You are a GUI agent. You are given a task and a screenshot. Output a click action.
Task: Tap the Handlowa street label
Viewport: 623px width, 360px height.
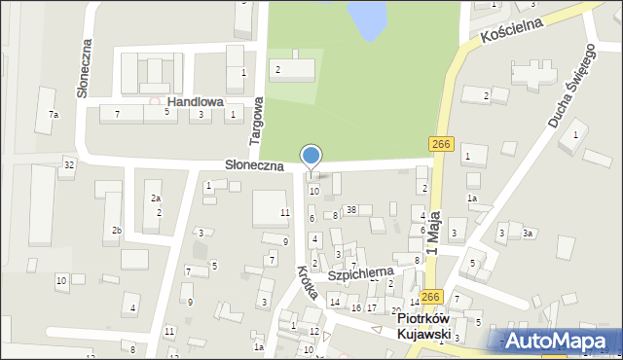(195, 101)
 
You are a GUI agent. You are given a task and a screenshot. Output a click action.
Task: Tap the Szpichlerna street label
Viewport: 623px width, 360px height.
(359, 275)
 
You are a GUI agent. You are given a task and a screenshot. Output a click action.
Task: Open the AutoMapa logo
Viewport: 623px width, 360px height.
(563, 341)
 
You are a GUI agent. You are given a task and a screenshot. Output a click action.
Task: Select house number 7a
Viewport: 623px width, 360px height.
(54, 115)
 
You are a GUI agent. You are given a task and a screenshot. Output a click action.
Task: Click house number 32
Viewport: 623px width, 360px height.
(68, 164)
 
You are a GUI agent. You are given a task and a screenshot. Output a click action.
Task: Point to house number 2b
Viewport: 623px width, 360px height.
(116, 231)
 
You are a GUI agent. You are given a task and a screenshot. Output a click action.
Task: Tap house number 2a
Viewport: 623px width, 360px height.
(155, 198)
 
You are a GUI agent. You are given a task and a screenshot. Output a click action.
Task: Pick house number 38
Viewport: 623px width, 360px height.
(351, 210)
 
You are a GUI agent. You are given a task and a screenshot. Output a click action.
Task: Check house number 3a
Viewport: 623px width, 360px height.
(528, 234)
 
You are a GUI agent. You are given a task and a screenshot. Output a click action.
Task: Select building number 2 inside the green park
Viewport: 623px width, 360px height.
(277, 69)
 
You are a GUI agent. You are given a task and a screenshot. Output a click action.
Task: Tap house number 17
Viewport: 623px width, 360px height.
(371, 307)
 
